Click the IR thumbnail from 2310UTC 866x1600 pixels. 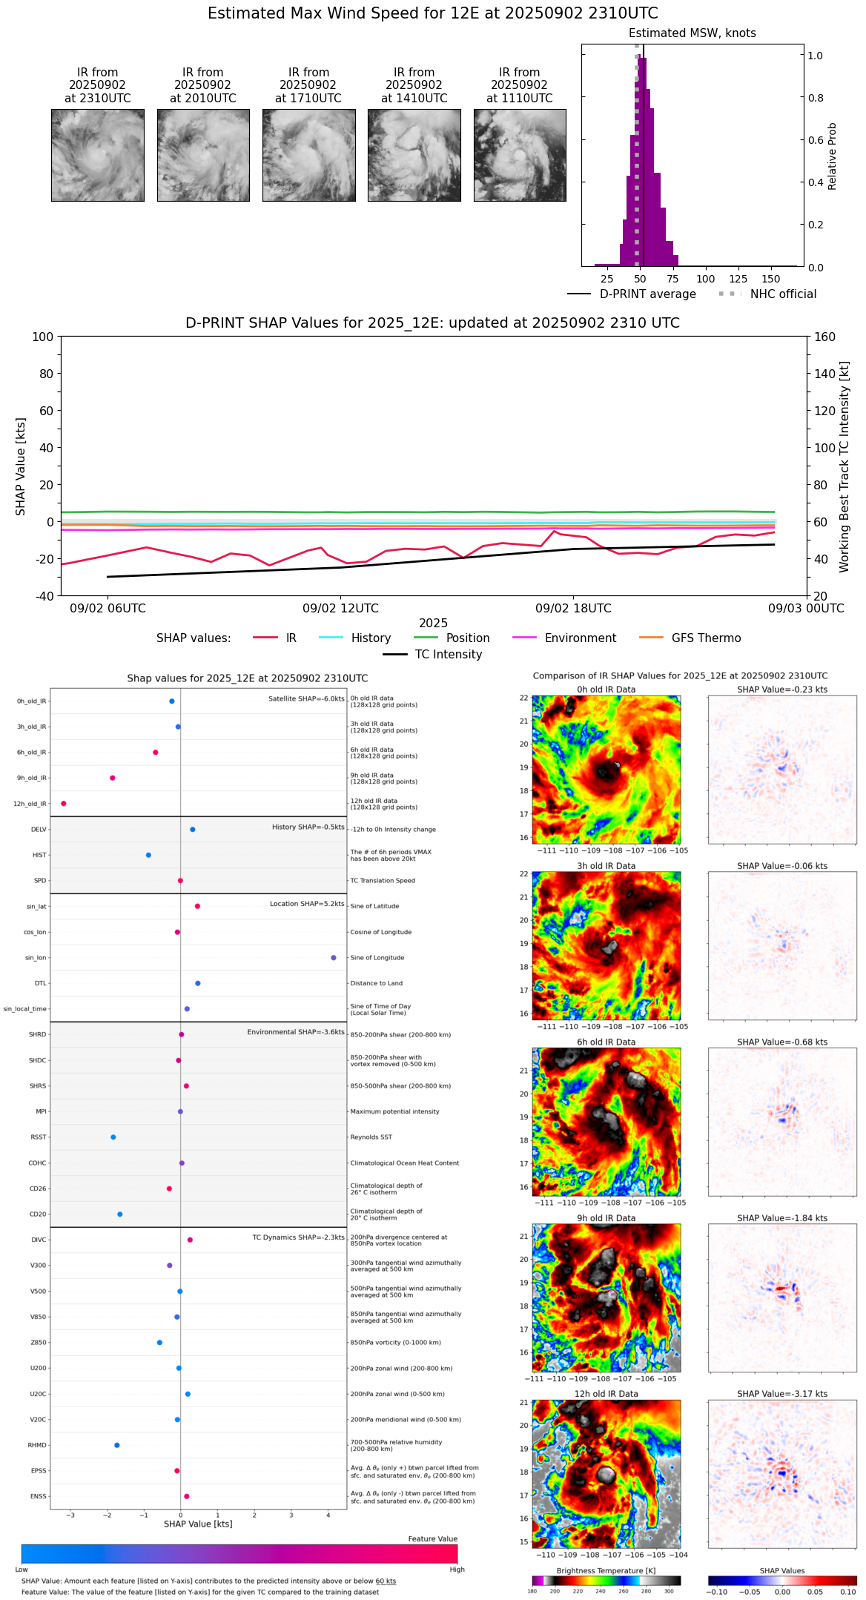(x=97, y=155)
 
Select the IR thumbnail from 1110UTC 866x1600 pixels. (x=520, y=155)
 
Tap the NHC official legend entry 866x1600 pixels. (x=782, y=294)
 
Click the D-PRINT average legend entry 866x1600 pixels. (x=647, y=294)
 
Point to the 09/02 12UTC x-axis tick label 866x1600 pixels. (x=340, y=609)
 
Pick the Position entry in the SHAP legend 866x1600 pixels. (x=467, y=638)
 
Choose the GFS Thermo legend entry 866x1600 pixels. (x=706, y=638)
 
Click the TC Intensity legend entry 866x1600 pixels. (x=448, y=655)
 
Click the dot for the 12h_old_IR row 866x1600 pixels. (x=64, y=804)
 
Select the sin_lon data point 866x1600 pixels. (x=334, y=958)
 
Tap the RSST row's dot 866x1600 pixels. (x=113, y=1137)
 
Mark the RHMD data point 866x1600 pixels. (x=117, y=1445)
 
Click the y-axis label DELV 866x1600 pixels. (x=39, y=830)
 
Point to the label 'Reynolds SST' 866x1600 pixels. (x=371, y=1137)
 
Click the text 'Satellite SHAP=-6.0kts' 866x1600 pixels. (x=306, y=699)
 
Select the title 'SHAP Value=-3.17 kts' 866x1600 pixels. (x=782, y=1394)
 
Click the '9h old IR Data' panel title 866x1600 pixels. (x=606, y=1218)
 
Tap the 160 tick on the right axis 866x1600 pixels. (x=824, y=337)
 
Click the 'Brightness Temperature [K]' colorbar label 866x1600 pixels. (x=606, y=1571)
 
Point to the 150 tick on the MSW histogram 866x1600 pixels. (x=771, y=279)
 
